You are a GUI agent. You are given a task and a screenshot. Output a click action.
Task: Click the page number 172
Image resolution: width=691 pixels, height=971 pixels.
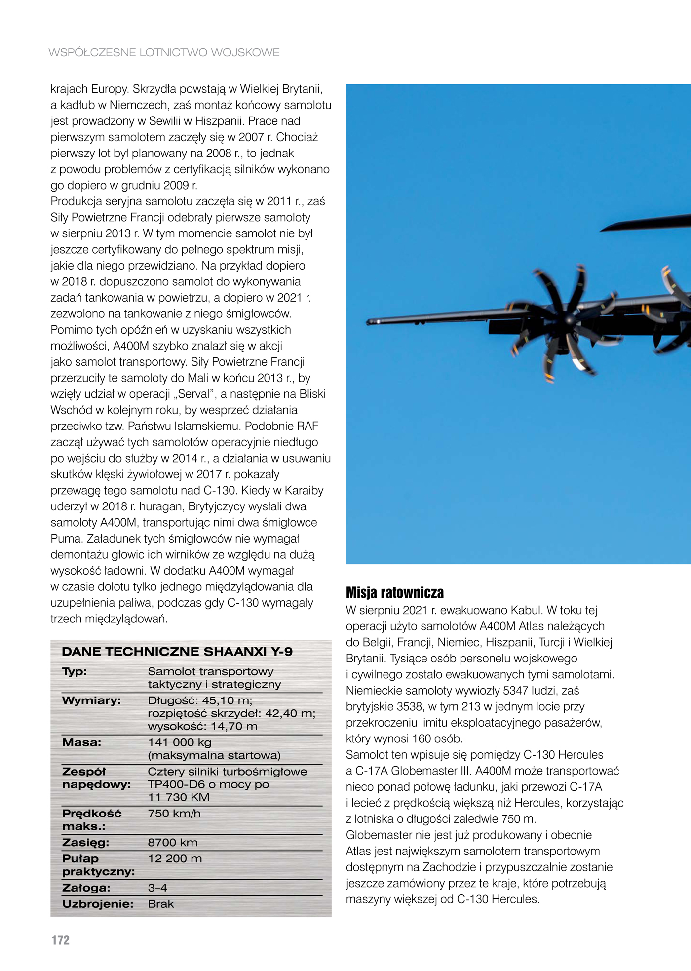pyautogui.click(x=61, y=940)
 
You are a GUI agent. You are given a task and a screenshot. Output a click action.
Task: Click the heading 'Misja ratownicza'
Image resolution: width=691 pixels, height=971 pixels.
pyautogui.click(x=394, y=592)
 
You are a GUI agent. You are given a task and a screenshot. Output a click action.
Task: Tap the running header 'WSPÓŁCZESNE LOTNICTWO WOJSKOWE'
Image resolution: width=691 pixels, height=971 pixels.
pyautogui.click(x=164, y=52)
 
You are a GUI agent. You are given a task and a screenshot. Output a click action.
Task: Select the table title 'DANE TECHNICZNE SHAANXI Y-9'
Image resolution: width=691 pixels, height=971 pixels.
pyautogui.click(x=177, y=652)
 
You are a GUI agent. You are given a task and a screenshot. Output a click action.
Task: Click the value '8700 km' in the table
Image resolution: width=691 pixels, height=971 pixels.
pyautogui.click(x=173, y=843)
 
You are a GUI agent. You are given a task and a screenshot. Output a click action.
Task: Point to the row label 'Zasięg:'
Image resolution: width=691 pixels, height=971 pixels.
pyautogui.click(x=85, y=843)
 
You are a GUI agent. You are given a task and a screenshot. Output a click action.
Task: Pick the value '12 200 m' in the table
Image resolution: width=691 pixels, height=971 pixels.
pyautogui.click(x=175, y=859)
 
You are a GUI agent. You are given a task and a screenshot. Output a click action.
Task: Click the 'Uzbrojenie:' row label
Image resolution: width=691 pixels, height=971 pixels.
pyautogui.click(x=98, y=904)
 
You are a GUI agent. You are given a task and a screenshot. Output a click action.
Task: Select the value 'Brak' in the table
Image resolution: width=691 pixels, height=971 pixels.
pyautogui.click(x=161, y=904)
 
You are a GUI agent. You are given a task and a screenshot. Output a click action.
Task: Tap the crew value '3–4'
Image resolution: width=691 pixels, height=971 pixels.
pyautogui.click(x=157, y=888)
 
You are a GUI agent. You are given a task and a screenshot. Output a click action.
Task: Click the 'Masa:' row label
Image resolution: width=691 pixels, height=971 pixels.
pyautogui.click(x=81, y=742)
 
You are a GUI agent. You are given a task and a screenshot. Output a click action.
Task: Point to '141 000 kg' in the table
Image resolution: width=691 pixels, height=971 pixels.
pyautogui.click(x=180, y=742)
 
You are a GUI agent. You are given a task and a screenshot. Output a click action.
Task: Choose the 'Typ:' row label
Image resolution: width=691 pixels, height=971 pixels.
pyautogui.click(x=75, y=671)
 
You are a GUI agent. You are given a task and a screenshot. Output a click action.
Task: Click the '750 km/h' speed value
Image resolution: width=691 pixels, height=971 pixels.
pyautogui.click(x=174, y=814)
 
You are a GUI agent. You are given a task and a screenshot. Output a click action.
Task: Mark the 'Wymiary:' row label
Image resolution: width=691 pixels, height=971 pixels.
pyautogui.click(x=91, y=700)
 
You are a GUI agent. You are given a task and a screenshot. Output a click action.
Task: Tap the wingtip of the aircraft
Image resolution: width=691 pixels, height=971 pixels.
pyautogui.click(x=369, y=322)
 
